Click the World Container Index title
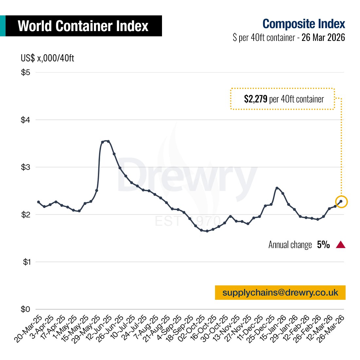pos(83,26)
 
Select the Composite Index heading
pos(304,24)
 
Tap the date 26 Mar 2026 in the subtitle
pos(323,37)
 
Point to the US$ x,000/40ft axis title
pos(47,58)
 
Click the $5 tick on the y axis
pos(26,72)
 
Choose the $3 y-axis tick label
pos(26,167)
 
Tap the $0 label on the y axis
pos(26,309)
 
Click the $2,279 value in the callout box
pos(256,99)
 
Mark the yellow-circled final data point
pos(341,202)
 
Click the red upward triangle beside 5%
pos(341,245)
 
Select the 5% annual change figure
pos(323,245)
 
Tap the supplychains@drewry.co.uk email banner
pos(280,293)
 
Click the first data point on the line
pos(38,202)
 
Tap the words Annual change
pos(290,245)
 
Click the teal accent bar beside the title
pos(3,26)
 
